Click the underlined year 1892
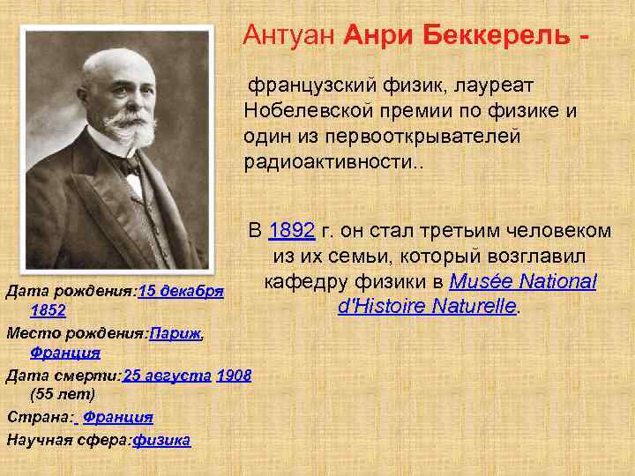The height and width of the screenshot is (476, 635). click(292, 231)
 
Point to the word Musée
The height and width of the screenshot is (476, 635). click(482, 282)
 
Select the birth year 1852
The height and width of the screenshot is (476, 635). click(48, 310)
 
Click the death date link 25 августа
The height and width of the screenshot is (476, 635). click(168, 376)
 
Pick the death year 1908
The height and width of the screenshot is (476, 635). click(234, 376)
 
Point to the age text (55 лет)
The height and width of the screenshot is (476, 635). click(62, 394)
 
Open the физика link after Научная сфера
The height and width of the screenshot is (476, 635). click(161, 439)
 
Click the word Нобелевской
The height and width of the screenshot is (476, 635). click(314, 112)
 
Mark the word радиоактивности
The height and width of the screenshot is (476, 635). click(325, 163)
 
